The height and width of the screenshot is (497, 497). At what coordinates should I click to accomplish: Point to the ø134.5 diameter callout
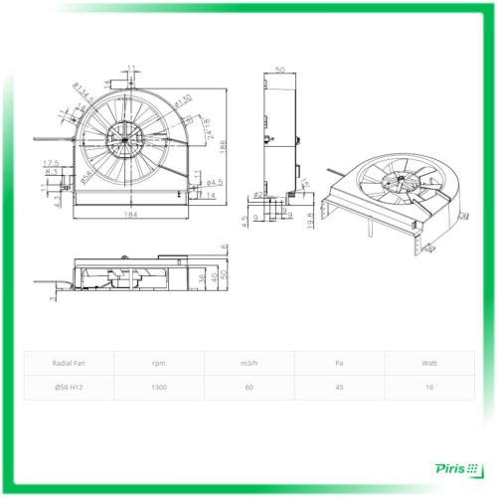84,92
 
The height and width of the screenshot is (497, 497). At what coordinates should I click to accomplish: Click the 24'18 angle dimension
207,128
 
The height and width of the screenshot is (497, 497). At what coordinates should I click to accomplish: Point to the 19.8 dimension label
310,219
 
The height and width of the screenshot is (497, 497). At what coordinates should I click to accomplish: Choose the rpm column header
159,363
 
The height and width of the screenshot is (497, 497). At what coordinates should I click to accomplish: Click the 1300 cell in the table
159,388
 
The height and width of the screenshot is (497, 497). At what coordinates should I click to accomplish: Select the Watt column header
428,363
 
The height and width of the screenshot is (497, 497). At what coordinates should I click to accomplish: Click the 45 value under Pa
339,388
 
